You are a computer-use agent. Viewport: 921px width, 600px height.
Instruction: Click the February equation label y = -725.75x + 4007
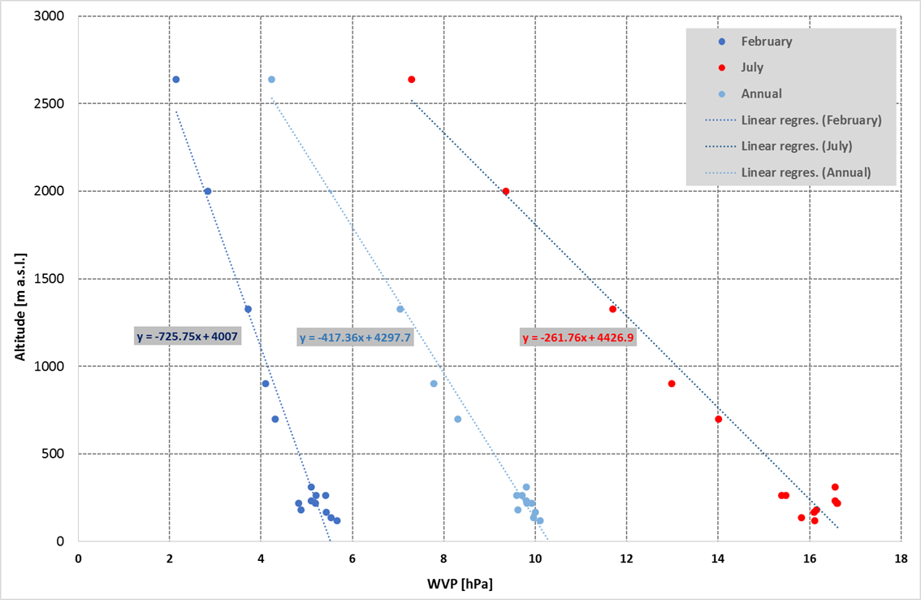click(x=187, y=336)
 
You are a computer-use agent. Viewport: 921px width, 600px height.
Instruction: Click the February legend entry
click(x=766, y=41)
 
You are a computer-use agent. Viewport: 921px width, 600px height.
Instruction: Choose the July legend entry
click(x=752, y=67)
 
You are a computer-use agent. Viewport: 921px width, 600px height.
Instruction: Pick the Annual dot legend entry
click(x=761, y=93)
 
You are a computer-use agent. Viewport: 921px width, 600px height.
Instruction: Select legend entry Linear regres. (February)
click(x=811, y=120)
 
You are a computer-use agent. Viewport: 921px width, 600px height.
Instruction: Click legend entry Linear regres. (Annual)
click(x=806, y=172)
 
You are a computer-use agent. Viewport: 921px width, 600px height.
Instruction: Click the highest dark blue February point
click(x=175, y=80)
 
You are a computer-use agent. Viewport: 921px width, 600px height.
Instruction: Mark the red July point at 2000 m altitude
click(x=505, y=192)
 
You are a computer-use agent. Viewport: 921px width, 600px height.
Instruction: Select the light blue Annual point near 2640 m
click(x=271, y=80)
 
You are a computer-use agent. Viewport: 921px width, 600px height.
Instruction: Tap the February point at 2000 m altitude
click(x=207, y=192)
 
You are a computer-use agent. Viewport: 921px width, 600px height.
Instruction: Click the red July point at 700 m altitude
click(x=718, y=420)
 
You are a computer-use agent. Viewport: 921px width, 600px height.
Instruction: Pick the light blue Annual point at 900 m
click(x=434, y=384)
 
